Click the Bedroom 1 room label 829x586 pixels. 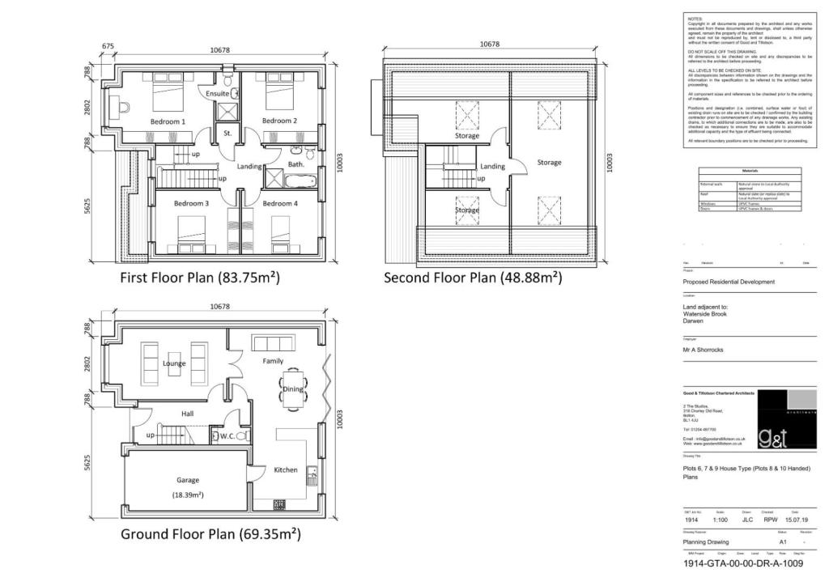tap(168, 121)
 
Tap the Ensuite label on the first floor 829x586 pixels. tap(219, 94)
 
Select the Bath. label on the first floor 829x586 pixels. tap(295, 164)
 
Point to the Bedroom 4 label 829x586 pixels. tap(281, 203)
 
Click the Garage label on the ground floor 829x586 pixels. tap(189, 479)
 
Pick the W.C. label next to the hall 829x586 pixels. tap(227, 437)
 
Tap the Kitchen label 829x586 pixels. tap(285, 469)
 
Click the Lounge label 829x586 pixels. tap(174, 363)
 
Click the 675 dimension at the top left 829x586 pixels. tap(108, 46)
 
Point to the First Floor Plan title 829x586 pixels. tap(200, 278)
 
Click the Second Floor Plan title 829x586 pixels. tap(473, 278)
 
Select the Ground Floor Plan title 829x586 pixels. tap(210, 534)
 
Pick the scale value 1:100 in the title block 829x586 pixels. tap(719, 521)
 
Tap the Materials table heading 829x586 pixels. tap(750, 172)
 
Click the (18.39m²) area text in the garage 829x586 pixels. tap(188, 495)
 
